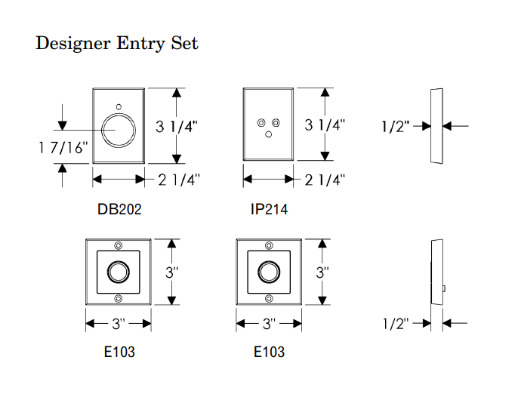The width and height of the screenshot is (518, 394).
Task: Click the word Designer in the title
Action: [x=73, y=43]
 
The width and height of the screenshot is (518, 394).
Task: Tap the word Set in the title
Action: [x=183, y=43]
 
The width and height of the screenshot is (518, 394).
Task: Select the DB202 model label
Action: [x=119, y=209]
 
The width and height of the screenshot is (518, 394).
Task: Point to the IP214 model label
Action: [x=269, y=209]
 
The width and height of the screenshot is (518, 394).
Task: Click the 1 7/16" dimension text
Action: [x=63, y=148]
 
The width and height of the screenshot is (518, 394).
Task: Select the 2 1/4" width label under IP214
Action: [x=325, y=180]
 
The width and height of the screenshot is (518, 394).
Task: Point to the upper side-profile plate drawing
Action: [x=436, y=126]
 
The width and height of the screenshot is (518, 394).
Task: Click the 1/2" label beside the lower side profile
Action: [x=396, y=324]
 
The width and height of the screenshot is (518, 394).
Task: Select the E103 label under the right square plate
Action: [x=269, y=352]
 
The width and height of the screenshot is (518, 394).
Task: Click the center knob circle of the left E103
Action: [x=118, y=272]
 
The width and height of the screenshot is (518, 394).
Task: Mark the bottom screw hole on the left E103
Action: [x=118, y=300]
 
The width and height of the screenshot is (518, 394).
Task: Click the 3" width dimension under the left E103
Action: [x=118, y=325]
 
